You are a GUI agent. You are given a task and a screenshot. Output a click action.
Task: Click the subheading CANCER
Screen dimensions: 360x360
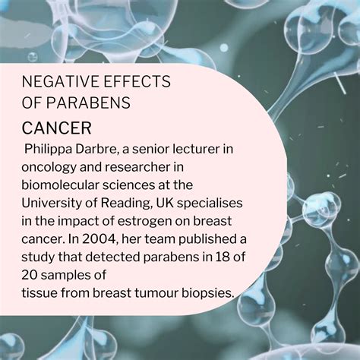click(56, 128)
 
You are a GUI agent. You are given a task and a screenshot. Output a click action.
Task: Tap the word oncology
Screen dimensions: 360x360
click(49, 168)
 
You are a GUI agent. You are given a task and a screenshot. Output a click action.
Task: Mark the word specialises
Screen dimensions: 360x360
click(210, 204)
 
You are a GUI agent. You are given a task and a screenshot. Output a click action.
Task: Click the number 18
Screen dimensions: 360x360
click(223, 257)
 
